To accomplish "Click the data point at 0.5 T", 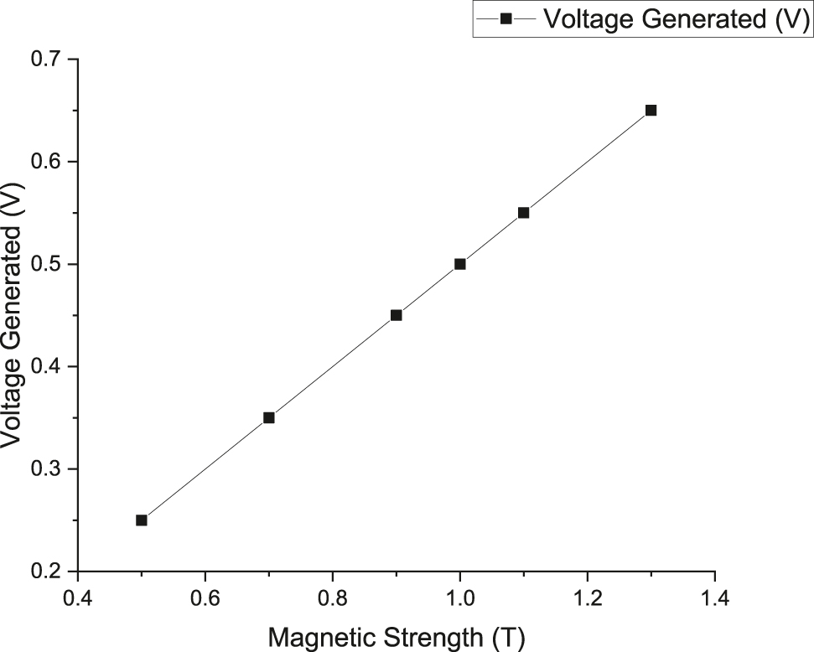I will pyautogui.click(x=142, y=520).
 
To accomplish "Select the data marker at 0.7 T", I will pyautogui.click(x=269, y=417).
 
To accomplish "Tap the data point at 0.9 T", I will pyautogui.click(x=397, y=315).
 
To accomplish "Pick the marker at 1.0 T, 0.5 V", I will pyautogui.click(x=460, y=264).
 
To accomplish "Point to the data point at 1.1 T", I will pyautogui.click(x=524, y=213).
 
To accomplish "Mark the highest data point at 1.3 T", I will pyautogui.click(x=651, y=110).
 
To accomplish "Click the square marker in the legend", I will pyautogui.click(x=506, y=19).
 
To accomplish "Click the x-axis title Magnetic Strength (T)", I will pyautogui.click(x=397, y=637).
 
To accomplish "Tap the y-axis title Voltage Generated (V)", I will pyautogui.click(x=14, y=315).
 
